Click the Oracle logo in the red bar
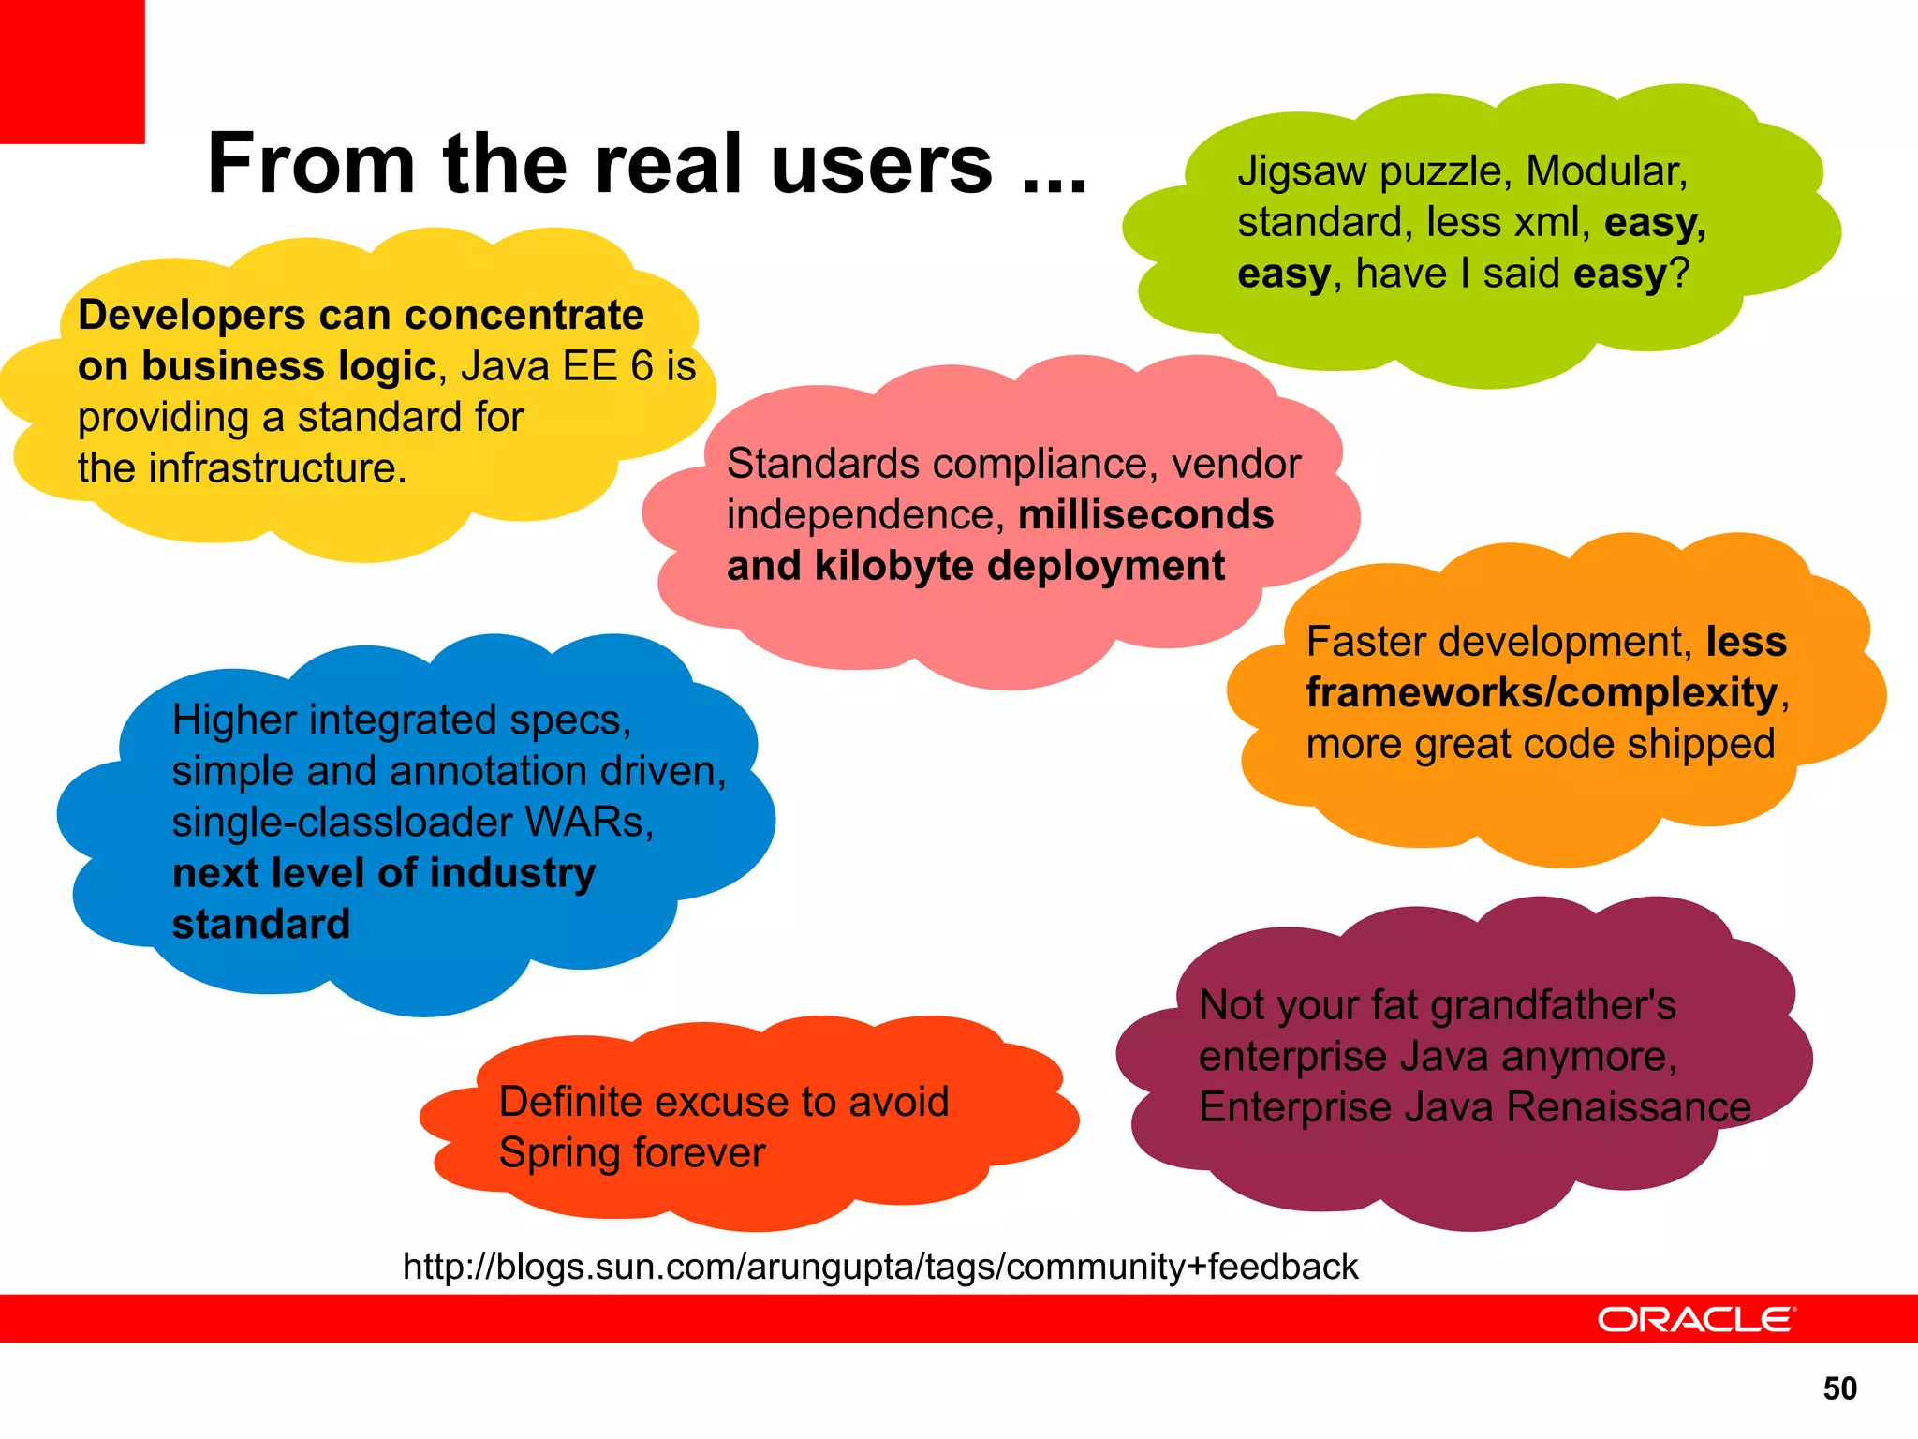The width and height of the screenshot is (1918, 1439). [1696, 1319]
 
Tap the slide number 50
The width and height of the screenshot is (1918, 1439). [1839, 1388]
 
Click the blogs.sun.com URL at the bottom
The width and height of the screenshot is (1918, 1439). [879, 1267]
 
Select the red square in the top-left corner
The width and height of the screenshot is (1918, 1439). [72, 71]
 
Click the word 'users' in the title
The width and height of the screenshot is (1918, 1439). [881, 165]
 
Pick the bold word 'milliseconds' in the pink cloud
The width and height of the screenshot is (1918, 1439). [1145, 515]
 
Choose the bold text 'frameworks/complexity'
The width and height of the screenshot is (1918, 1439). [1542, 693]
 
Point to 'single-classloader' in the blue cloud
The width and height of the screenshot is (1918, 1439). [342, 823]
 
